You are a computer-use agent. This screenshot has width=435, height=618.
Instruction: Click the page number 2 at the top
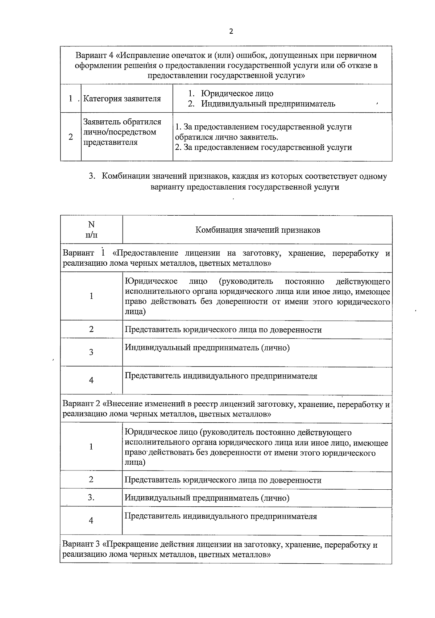pyautogui.click(x=231, y=31)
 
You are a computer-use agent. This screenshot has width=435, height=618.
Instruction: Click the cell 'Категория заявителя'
pyautogui.click(x=122, y=99)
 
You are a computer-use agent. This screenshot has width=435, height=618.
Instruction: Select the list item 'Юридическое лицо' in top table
pyautogui.click(x=237, y=94)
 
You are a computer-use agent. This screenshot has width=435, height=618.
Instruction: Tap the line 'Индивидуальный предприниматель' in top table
pyautogui.click(x=268, y=104)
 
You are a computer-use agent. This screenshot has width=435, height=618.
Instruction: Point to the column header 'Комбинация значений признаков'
pyautogui.click(x=258, y=230)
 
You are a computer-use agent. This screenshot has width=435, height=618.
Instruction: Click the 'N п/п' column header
pyautogui.click(x=91, y=229)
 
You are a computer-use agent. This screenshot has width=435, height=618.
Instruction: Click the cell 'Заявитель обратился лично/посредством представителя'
pyautogui.click(x=122, y=132)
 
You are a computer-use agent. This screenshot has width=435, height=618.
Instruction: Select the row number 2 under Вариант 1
pyautogui.click(x=91, y=329)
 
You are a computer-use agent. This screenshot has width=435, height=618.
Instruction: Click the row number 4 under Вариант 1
pyautogui.click(x=91, y=380)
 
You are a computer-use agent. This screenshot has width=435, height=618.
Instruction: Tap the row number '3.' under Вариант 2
pyautogui.click(x=91, y=498)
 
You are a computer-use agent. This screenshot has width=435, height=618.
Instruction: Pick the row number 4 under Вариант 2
pyautogui.click(x=91, y=520)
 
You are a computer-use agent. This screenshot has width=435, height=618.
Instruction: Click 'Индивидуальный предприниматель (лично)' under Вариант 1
pyautogui.click(x=207, y=348)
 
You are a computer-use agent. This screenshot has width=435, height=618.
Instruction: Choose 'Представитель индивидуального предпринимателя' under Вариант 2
pyautogui.click(x=221, y=516)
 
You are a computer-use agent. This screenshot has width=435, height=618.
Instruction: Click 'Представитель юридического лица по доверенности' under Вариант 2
pyautogui.click(x=223, y=480)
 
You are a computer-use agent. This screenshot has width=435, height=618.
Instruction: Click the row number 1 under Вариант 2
pyautogui.click(x=91, y=447)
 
